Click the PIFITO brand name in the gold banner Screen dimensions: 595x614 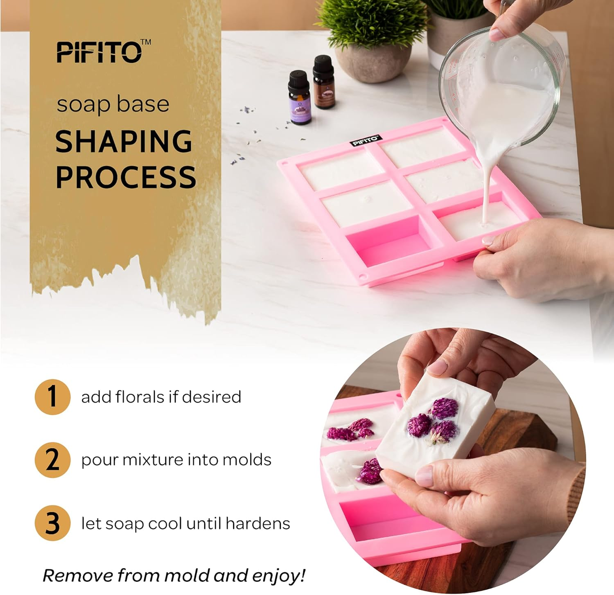point(99,52)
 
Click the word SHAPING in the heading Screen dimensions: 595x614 point(124,142)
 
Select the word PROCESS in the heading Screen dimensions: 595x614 point(126,177)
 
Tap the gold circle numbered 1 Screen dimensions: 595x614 point(52,397)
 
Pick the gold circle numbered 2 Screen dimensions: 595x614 point(52,460)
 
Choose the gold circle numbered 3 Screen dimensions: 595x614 point(52,523)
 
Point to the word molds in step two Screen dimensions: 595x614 point(247,460)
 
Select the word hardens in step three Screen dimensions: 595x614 point(257,523)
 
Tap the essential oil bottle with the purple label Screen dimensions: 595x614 point(299,99)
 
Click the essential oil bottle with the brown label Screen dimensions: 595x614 point(324,83)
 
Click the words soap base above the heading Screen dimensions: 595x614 point(113,104)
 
